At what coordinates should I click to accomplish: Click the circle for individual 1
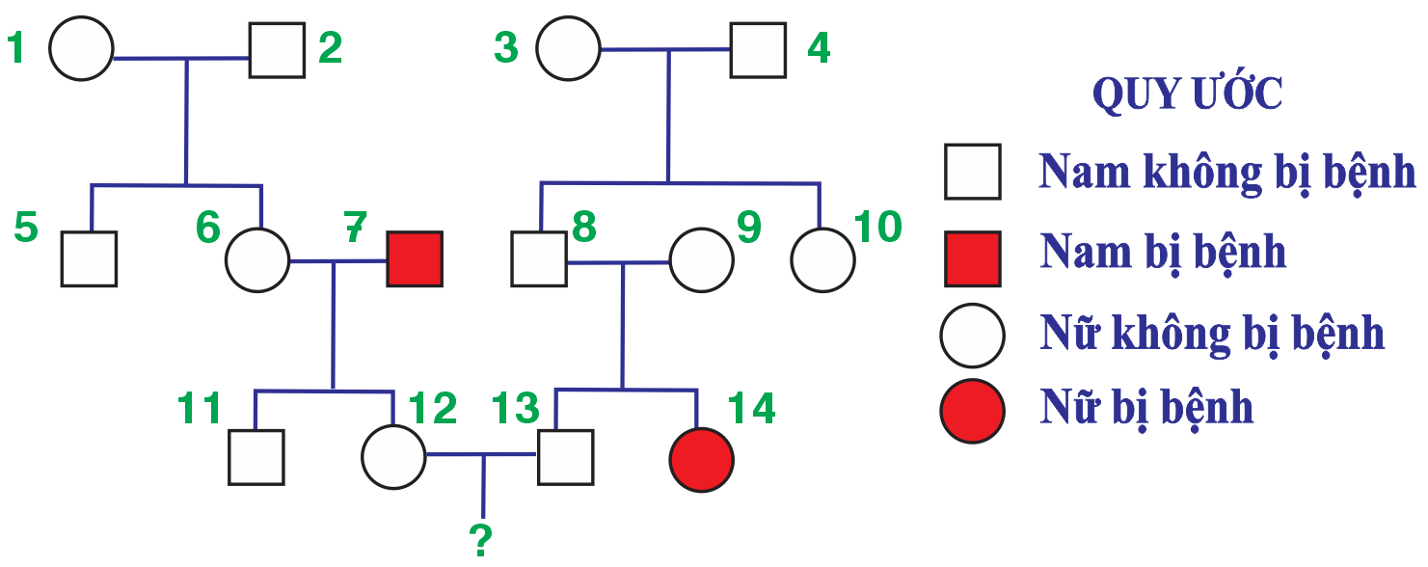tap(81, 48)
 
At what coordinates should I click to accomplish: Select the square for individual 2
tap(277, 49)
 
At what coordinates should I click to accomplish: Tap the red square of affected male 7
tap(415, 258)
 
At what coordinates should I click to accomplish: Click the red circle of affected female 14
tap(702, 459)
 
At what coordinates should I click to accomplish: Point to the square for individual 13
tap(565, 457)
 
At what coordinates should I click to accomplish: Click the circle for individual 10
tap(822, 259)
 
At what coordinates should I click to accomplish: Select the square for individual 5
tap(89, 258)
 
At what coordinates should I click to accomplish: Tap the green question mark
tap(481, 541)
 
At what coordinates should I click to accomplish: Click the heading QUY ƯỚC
tap(1187, 95)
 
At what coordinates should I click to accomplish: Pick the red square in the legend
tap(973, 258)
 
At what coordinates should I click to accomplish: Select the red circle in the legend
tap(973, 410)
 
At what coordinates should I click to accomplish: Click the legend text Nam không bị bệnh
tap(1226, 173)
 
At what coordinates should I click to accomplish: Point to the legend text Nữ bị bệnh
tap(1146, 408)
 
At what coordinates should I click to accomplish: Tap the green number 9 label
tap(748, 228)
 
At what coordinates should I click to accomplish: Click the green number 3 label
tap(506, 48)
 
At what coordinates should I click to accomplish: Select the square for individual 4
tap(758, 49)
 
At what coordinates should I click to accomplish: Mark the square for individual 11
tap(256, 457)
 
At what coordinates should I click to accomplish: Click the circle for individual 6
tap(257, 259)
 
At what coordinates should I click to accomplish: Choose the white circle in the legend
tap(973, 335)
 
